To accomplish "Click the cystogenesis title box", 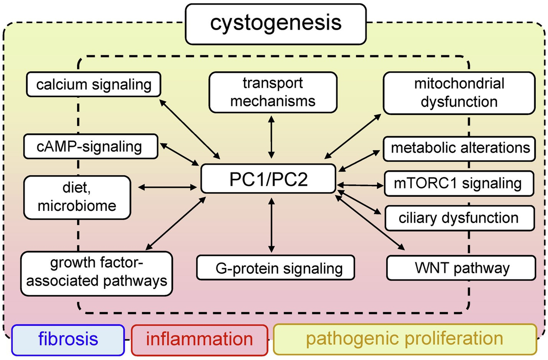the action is (276, 24).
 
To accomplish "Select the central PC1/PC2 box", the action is (268, 179).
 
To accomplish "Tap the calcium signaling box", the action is (94, 84).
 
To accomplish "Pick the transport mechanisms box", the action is (273, 92).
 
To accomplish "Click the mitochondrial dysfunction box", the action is (459, 93).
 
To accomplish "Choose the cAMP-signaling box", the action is (91, 146).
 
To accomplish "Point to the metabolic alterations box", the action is (459, 149).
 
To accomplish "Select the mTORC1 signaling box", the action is (459, 183).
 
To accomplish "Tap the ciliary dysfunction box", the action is (459, 218).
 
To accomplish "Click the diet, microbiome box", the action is (77, 197).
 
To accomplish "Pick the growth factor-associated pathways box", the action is (97, 273).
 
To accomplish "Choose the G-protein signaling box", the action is (275, 268).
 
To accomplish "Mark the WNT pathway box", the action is (461, 268).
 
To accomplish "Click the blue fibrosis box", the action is (68, 340).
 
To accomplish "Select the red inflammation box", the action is (200, 340).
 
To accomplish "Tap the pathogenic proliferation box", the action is (405, 339).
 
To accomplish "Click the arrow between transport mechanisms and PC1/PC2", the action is (271, 137).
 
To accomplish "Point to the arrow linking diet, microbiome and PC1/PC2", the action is (168, 188).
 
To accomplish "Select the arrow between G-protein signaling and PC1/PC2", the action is (271, 225).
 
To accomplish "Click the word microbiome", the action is (77, 206).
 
